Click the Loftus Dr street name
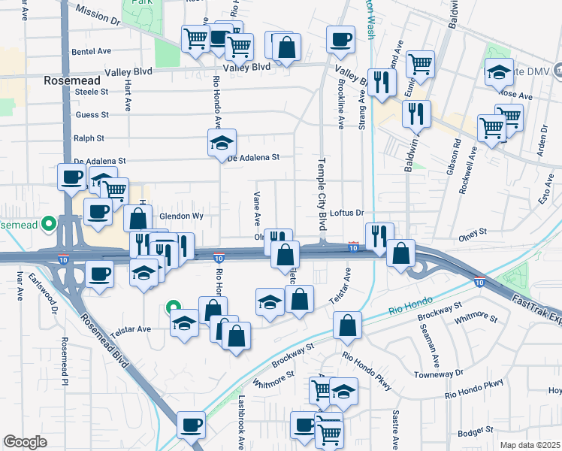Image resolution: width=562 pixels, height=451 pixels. (346, 213)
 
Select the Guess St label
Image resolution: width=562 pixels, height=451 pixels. (92, 115)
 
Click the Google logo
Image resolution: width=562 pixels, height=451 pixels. (25, 442)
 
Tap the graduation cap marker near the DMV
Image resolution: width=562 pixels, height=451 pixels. (498, 71)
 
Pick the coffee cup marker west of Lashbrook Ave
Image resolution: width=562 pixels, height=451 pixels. (191, 423)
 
